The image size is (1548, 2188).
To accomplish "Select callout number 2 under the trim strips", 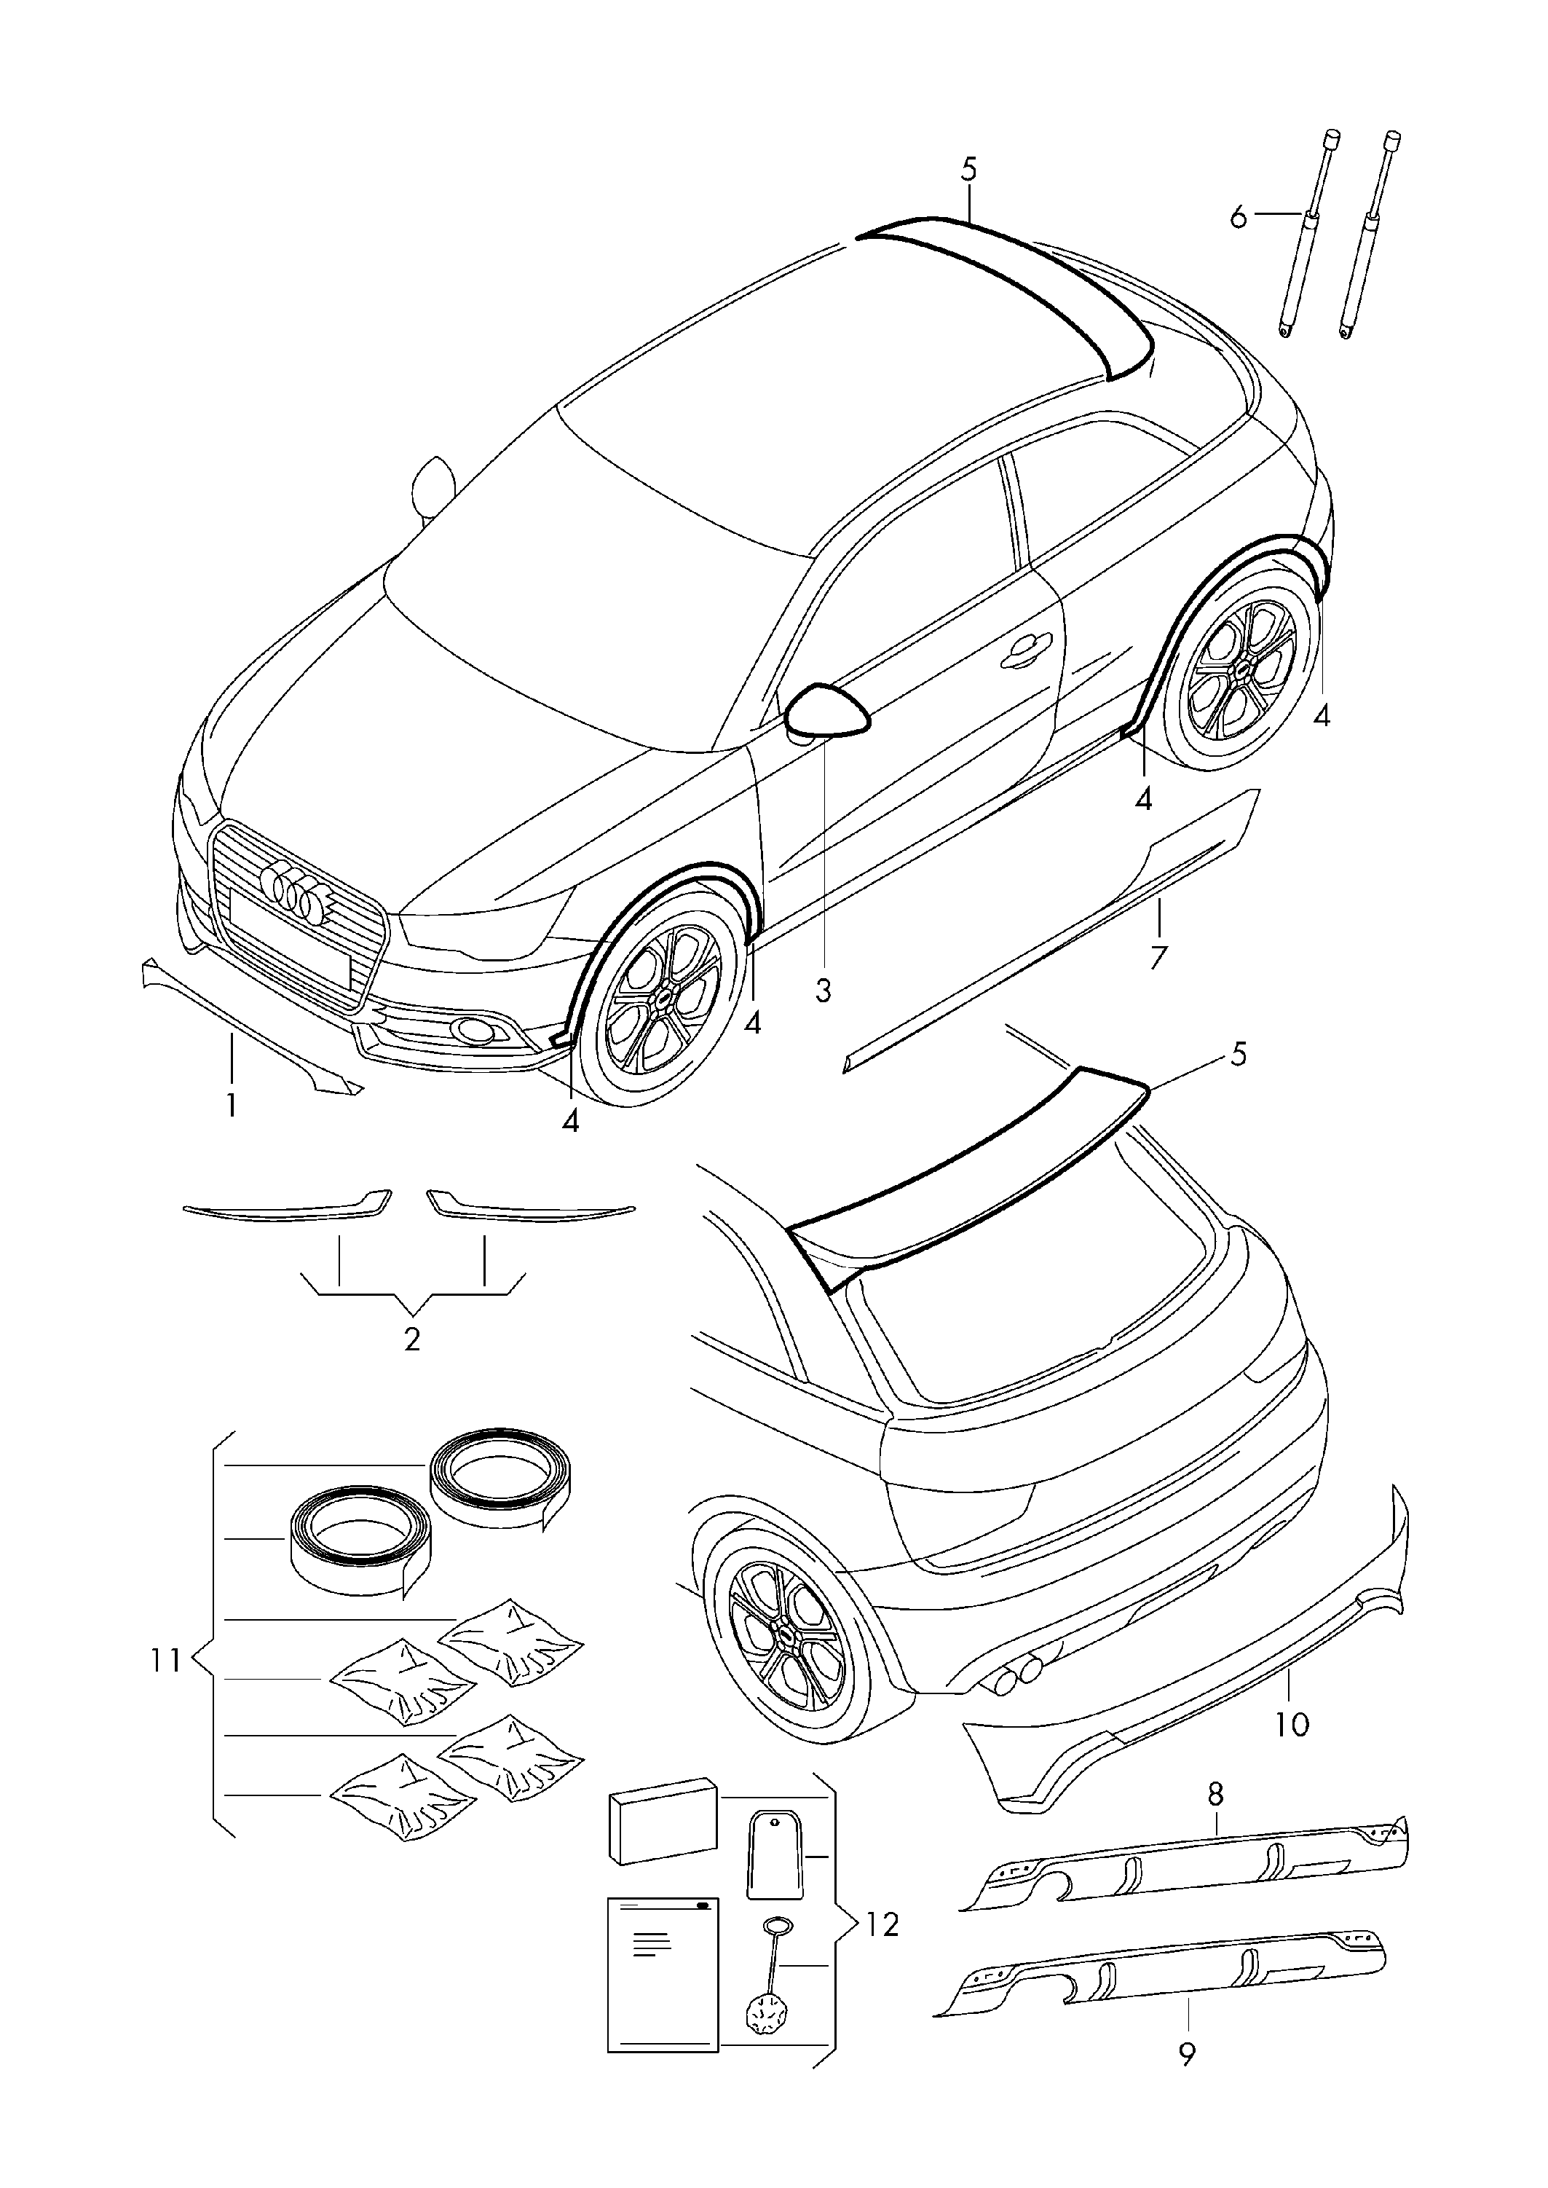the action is coord(412,1339).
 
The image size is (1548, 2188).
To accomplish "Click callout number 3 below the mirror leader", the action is coord(824,991).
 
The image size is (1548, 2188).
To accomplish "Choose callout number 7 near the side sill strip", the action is coord(1158,956).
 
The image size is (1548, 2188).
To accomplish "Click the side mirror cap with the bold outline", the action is coord(826,711).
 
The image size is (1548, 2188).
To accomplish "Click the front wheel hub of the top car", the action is coord(662,996).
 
